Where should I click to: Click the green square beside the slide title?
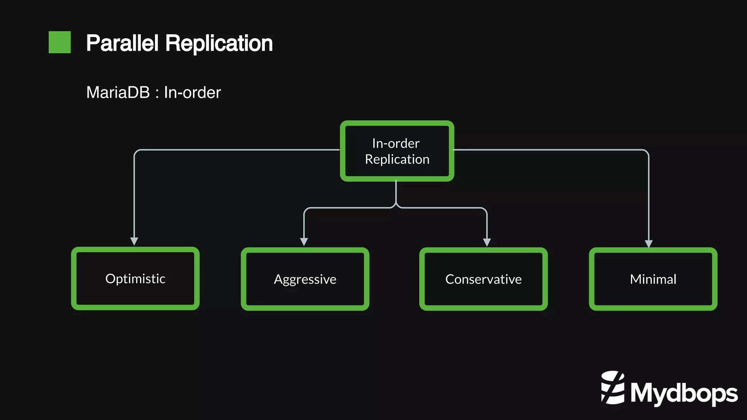coord(59,42)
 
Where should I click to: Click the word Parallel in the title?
coord(122,43)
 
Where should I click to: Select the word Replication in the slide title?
coord(219,43)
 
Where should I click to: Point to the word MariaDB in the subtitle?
coord(118,93)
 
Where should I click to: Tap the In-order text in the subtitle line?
coord(192,93)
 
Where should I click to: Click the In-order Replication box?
coord(397,151)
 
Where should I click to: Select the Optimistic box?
coord(135,279)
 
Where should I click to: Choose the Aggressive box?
coord(305,279)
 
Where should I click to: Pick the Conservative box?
coord(483,279)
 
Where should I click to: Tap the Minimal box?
coord(653,279)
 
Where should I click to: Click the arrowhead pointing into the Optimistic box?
coord(134,241)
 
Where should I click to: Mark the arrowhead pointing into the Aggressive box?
coord(304,242)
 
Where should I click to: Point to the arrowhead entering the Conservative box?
coord(487,242)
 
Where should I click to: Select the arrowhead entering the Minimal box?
coord(649,244)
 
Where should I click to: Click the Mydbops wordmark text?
coord(684,394)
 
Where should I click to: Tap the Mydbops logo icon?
coord(613,388)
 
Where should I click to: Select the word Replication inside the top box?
coord(397,159)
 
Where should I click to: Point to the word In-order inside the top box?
coord(396,143)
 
